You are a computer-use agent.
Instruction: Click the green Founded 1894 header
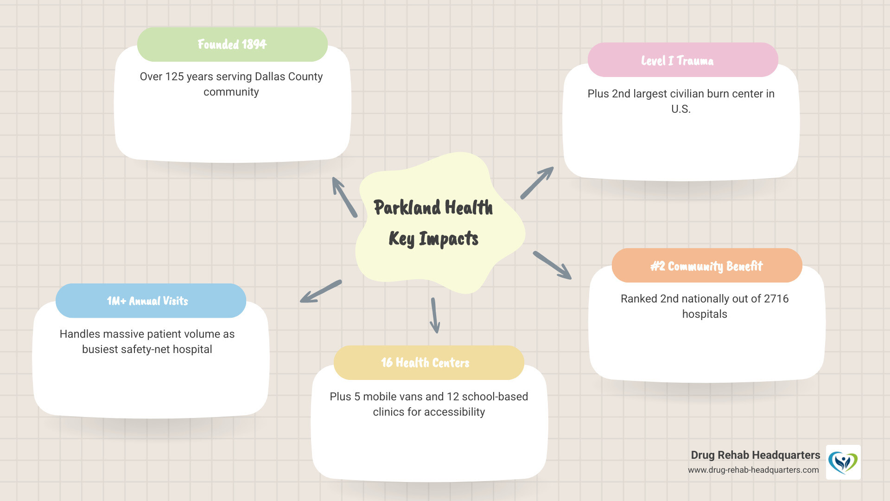[x=232, y=45]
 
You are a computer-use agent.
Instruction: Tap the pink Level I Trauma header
[x=682, y=60]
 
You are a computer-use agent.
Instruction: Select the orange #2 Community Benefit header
[x=706, y=266]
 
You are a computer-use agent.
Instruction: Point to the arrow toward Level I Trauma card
[x=537, y=183]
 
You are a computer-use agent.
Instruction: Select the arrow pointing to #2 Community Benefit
[x=552, y=265]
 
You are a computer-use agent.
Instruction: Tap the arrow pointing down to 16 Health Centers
[x=435, y=315]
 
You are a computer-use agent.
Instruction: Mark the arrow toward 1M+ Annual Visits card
[x=321, y=291]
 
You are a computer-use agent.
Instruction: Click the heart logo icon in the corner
[x=843, y=462]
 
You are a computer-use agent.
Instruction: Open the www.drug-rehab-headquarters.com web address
[x=753, y=470]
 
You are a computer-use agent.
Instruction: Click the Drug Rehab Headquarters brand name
[x=755, y=455]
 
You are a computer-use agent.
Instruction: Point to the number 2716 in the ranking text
[x=776, y=299]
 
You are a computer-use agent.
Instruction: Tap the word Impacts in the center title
[x=448, y=239]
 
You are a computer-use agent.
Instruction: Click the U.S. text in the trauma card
[x=680, y=109]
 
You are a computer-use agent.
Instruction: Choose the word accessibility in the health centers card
[x=455, y=412]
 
